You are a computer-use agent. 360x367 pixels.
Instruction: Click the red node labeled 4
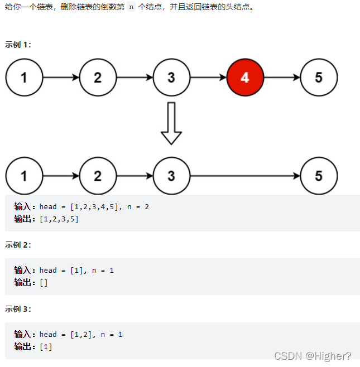[244, 78]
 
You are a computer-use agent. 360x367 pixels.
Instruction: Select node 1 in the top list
[24, 78]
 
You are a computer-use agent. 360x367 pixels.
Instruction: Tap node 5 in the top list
[319, 78]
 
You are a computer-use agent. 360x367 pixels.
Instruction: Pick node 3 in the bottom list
[171, 176]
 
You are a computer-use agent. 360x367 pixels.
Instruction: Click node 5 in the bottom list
[319, 176]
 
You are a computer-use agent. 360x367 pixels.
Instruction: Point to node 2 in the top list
[98, 78]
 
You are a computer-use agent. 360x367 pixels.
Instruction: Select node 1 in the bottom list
[24, 176]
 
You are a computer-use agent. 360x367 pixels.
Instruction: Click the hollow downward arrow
[171, 123]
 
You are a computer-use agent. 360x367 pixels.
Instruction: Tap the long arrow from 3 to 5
[245, 176]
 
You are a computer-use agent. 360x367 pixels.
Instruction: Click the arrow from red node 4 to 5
[282, 78]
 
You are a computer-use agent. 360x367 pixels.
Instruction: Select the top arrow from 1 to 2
[61, 78]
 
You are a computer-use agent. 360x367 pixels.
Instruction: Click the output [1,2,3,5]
[59, 219]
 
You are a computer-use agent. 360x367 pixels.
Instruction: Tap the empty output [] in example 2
[44, 283]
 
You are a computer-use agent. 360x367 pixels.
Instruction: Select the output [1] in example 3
[46, 347]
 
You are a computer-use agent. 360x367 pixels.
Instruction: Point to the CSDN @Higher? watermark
[313, 356]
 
